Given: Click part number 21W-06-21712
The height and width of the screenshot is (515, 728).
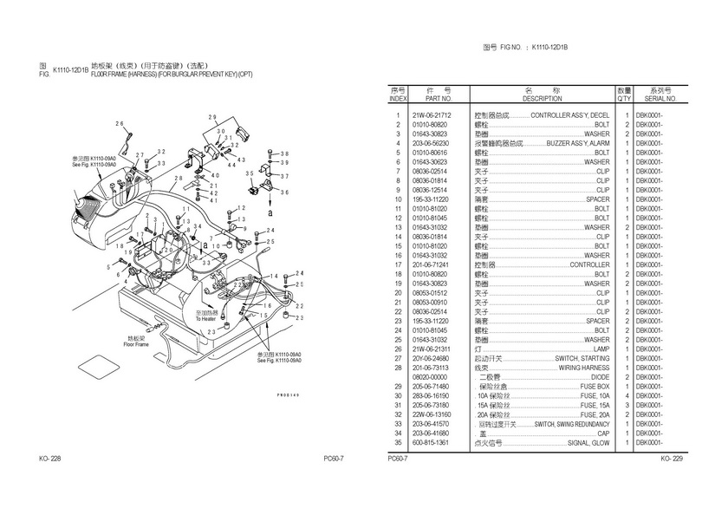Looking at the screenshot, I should tap(431, 115).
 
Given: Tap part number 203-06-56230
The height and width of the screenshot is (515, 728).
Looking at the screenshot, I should tap(431, 143).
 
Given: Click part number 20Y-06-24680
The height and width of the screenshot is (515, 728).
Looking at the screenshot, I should tap(431, 358).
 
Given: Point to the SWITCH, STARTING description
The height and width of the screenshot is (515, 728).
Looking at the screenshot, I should tap(582, 358).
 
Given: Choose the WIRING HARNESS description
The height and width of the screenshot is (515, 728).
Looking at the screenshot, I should tap(583, 368).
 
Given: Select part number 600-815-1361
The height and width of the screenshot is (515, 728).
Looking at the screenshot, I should tap(431, 442).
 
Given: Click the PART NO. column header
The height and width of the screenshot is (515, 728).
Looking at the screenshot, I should tap(431, 99).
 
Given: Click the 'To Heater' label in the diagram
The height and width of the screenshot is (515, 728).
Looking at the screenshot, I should tap(206, 318).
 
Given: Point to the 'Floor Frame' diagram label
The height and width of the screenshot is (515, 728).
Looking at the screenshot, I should tap(136, 344).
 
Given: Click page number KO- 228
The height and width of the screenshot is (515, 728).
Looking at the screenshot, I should tap(50, 458).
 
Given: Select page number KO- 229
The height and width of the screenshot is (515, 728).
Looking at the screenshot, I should tap(672, 458).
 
